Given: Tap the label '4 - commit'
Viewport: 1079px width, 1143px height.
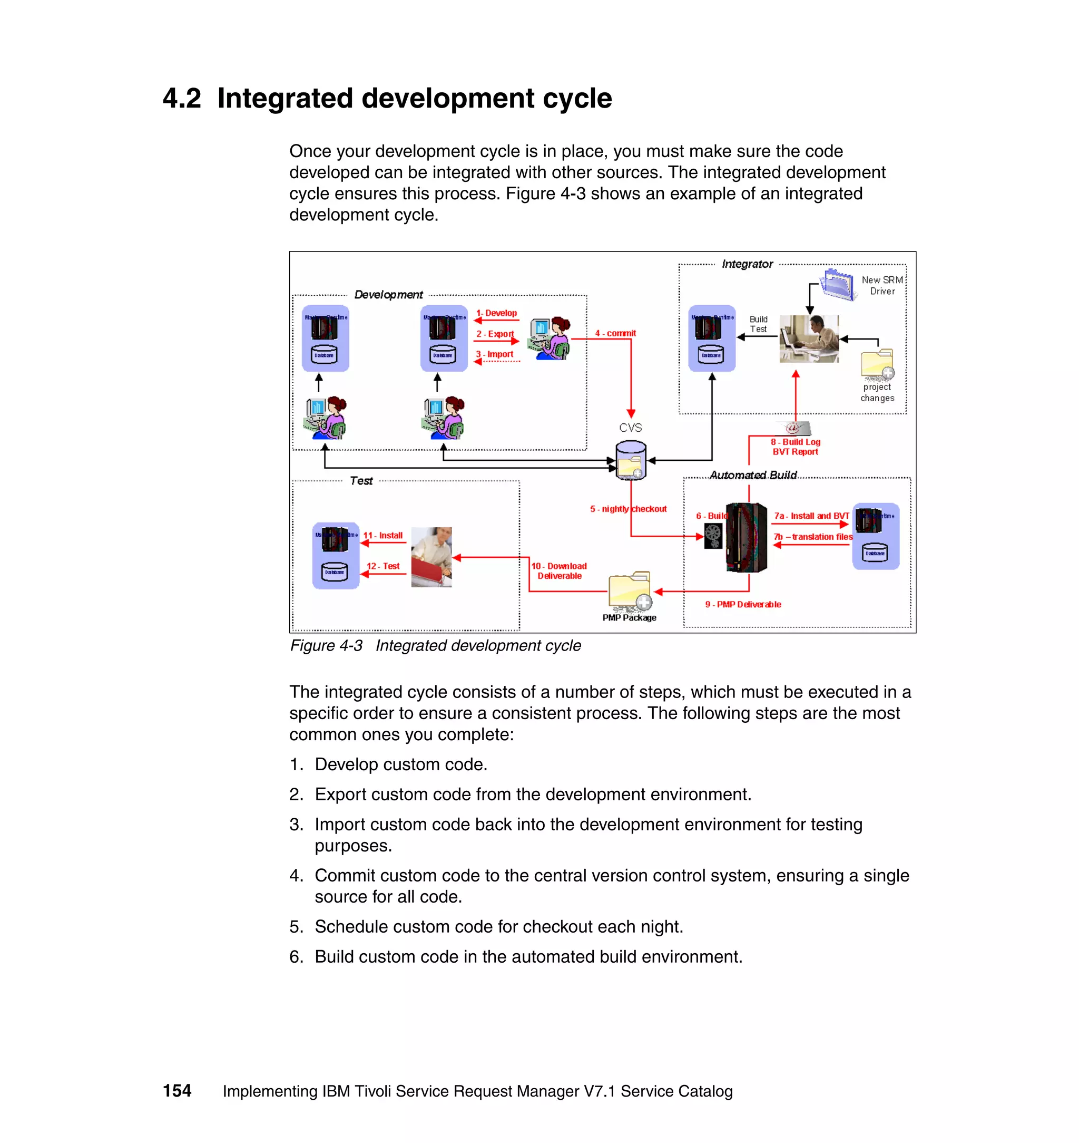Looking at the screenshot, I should [615, 333].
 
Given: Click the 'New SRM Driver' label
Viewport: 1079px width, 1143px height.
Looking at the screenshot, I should [882, 285].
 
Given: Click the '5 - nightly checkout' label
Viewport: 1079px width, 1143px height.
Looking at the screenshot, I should [627, 509].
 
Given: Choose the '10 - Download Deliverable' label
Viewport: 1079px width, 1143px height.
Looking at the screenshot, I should [559, 571].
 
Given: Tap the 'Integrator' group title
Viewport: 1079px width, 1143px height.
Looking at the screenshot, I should [747, 264].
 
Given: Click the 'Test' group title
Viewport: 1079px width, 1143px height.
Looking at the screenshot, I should [361, 481].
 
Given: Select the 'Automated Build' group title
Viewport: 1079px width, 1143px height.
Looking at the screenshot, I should [752, 475].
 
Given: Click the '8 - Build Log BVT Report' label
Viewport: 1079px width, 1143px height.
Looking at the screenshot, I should [795, 447].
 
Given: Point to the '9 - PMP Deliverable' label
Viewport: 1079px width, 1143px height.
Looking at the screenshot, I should [742, 604].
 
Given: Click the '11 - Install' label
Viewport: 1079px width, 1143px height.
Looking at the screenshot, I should [382, 535].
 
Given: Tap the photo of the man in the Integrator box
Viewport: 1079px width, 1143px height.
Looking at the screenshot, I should [809, 338].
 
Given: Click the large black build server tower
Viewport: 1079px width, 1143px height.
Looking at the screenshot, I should [747, 537].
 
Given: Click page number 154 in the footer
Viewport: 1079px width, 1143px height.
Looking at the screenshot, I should [176, 1091].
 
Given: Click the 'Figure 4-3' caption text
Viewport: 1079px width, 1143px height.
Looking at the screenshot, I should [326, 646].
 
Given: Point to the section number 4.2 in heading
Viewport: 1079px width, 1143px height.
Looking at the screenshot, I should [182, 99].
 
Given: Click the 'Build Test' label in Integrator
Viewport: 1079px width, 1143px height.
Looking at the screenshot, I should [758, 324].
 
